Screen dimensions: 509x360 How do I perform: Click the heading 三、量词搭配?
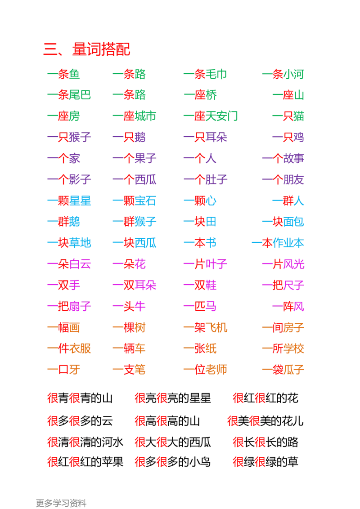point(88,49)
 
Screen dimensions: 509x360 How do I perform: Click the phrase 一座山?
point(288,95)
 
